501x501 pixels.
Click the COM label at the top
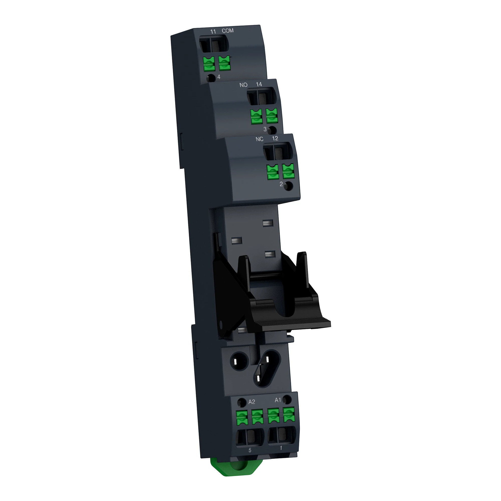coord(227,31)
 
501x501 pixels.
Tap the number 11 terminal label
coord(213,32)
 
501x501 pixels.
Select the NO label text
coord(243,85)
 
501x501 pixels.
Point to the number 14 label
coord(259,84)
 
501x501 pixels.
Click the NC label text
coord(259,139)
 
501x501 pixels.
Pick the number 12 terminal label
coord(275,139)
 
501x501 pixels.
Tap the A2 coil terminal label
coord(252,402)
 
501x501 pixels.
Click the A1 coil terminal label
coord(278,400)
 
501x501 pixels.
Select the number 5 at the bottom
coord(250,450)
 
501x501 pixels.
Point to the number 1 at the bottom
coord(281,448)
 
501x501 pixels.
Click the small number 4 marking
coord(219,77)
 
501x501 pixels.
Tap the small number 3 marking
coord(265,129)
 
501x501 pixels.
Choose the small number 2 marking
coord(281,184)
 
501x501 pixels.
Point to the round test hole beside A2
coord(242,402)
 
